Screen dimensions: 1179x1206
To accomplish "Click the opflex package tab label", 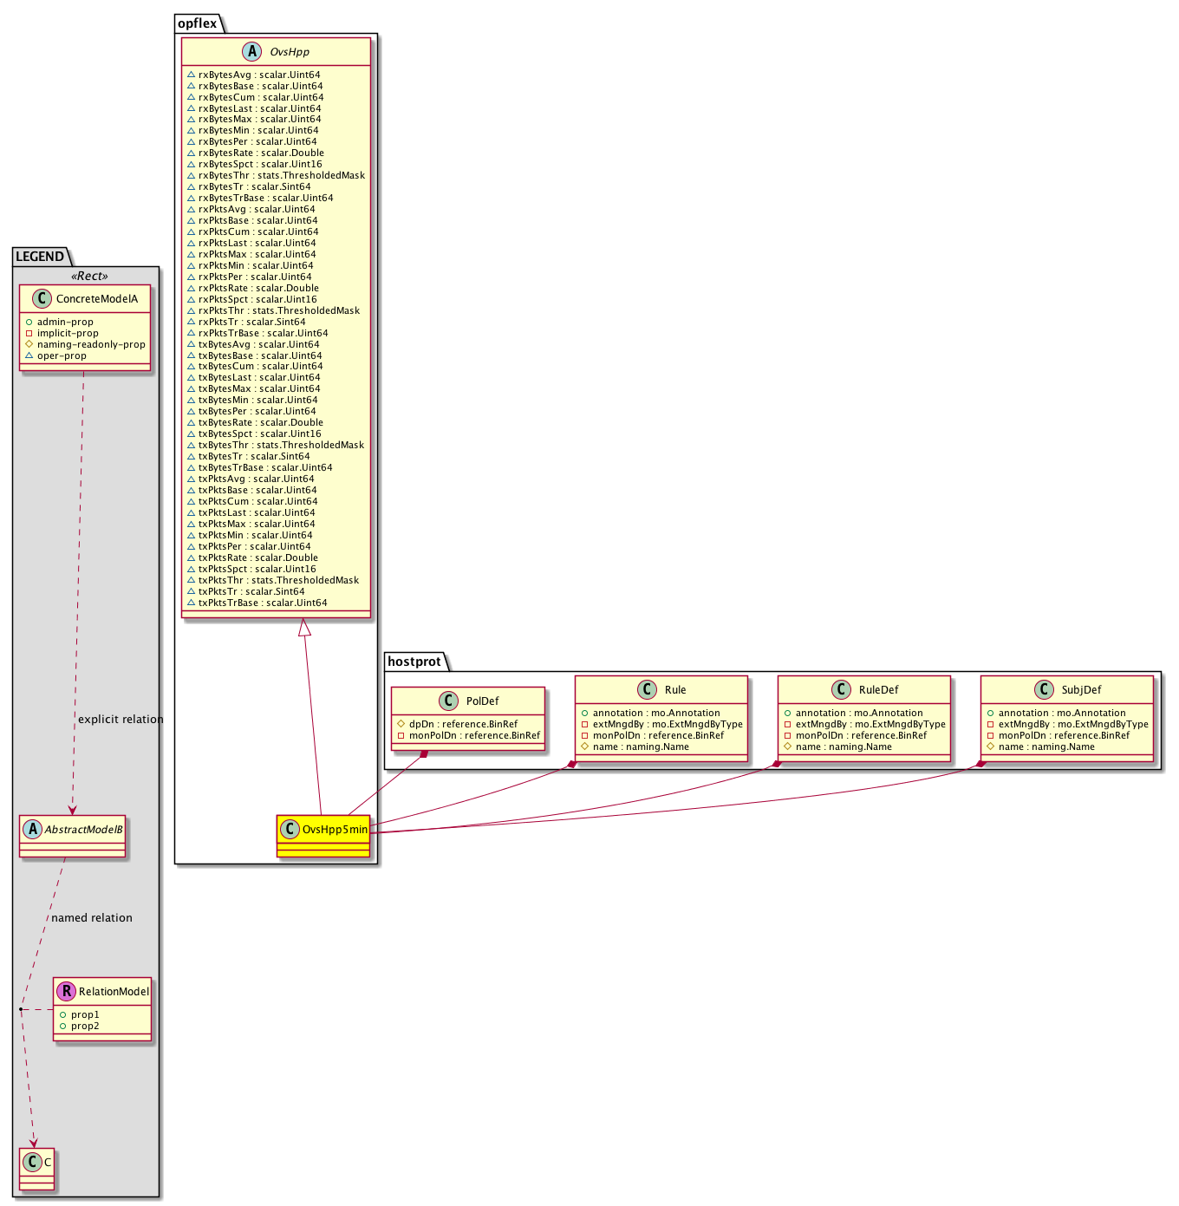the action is (x=197, y=23).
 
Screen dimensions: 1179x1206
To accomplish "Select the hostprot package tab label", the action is (x=414, y=662).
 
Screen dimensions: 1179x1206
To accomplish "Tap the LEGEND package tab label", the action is (x=40, y=257).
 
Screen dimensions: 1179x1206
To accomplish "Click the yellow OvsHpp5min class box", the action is (x=323, y=836).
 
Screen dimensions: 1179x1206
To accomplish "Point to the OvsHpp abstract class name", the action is (x=290, y=52).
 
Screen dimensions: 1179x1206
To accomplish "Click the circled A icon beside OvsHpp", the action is (x=251, y=51).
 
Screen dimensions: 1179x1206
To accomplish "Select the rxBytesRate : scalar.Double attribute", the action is (x=261, y=153).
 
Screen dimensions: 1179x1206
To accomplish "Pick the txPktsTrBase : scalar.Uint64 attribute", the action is (x=263, y=603).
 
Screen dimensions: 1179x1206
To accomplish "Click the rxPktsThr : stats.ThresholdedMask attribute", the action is (x=279, y=310).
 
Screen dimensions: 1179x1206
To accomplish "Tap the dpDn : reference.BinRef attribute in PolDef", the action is (x=463, y=724).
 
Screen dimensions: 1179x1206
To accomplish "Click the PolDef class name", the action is (x=482, y=701).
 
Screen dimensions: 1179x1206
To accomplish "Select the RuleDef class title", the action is (x=878, y=690).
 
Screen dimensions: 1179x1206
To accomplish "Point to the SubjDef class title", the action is (x=1081, y=690).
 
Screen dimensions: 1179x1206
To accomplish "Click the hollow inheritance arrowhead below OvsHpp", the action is (x=303, y=627).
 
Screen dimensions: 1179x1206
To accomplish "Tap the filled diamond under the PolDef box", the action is (x=424, y=754).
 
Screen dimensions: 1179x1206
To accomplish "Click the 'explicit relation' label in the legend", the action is (x=121, y=719).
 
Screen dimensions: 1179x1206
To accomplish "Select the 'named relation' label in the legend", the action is (x=92, y=918).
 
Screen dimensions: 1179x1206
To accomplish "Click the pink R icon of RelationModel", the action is (x=66, y=991).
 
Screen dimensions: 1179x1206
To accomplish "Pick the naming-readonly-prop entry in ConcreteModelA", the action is (x=91, y=344).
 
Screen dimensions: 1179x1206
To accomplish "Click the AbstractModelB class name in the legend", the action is (x=83, y=830).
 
